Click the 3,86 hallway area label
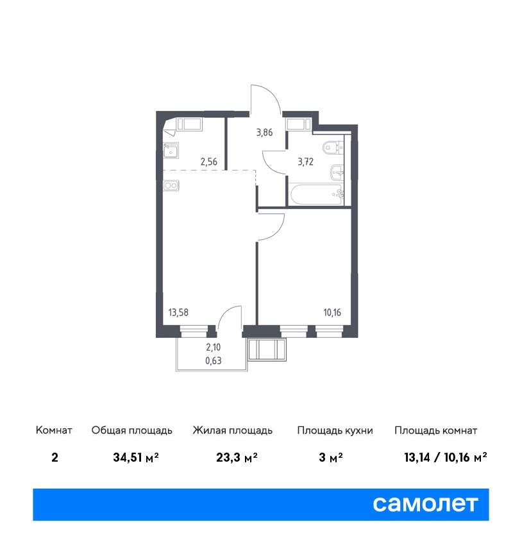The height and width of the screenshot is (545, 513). click(264, 133)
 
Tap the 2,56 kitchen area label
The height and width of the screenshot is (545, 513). click(209, 162)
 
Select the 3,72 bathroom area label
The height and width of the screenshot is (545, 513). click(305, 162)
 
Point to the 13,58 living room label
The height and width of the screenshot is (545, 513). click(178, 312)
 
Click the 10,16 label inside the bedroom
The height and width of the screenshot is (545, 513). click(332, 312)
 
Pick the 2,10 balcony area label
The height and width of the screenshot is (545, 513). click(214, 348)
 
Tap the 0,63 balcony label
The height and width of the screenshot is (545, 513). click(214, 361)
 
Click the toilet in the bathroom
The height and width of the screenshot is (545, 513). click(333, 147)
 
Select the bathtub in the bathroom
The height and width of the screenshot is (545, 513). click(316, 195)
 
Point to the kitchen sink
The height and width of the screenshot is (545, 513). click(171, 151)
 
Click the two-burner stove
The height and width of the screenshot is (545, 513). click(171, 185)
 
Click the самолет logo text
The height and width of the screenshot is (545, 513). click(425, 504)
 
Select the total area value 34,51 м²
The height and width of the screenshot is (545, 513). click(136, 457)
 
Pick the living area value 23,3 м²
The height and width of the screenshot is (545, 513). click(237, 457)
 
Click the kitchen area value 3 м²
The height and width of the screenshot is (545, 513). click(330, 457)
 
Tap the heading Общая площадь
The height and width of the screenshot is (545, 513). click(131, 430)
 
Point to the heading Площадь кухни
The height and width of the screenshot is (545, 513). click(335, 430)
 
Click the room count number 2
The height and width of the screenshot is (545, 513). click(55, 457)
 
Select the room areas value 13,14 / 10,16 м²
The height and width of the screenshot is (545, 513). click(446, 457)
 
